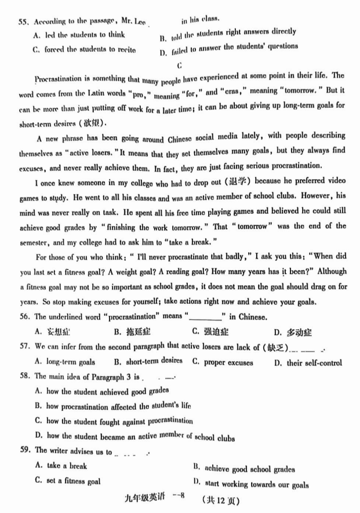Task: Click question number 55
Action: click(24, 21)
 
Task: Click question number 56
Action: click(24, 317)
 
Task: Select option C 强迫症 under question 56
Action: click(211, 332)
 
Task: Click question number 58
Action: click(24, 377)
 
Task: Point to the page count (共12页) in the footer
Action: click(221, 498)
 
